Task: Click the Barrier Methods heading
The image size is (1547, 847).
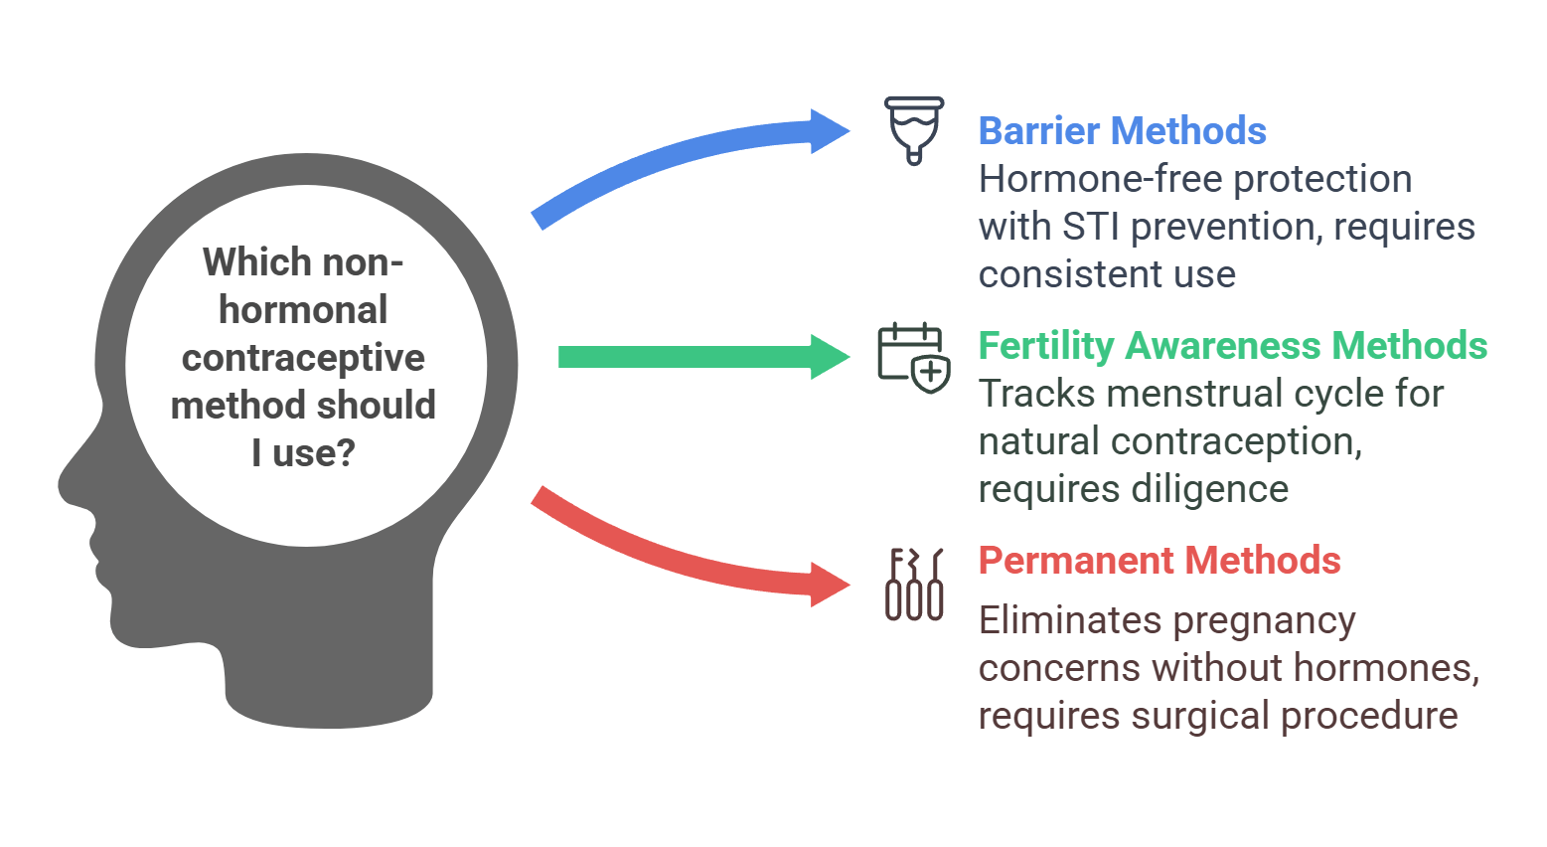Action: (x=1122, y=131)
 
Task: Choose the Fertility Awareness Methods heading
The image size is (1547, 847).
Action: (x=1232, y=346)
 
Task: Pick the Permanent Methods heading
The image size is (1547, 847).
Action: (x=1159, y=561)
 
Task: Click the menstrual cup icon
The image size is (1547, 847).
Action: (x=914, y=129)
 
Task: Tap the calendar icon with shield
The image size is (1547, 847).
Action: (x=913, y=357)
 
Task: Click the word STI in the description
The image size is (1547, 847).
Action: (x=1092, y=227)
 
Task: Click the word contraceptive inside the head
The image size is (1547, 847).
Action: (x=303, y=358)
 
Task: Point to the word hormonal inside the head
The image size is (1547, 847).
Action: (x=303, y=310)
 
